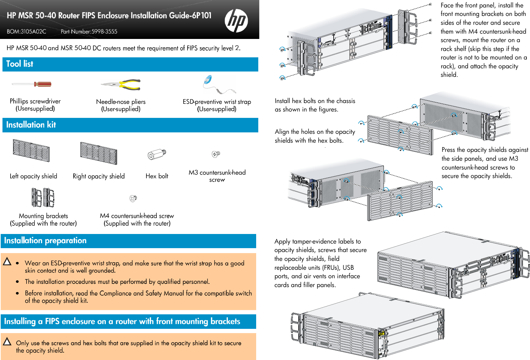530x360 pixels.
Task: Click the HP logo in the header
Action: click(236, 21)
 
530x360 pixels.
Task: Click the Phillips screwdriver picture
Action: click(32, 84)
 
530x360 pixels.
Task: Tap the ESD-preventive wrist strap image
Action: click(217, 85)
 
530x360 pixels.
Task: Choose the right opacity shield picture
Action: click(98, 153)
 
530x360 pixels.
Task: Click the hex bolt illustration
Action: click(157, 154)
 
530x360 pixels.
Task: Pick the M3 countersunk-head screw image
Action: click(216, 154)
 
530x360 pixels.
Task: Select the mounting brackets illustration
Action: click(43, 197)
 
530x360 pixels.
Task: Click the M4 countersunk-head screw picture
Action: click(133, 199)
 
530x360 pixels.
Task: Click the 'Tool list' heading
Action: click(19, 64)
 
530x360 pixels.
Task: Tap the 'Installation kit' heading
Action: click(31, 125)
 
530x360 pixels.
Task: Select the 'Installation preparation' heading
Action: click(45, 241)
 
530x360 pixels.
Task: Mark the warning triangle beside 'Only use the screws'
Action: click(7, 342)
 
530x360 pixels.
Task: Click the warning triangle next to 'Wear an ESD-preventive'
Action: click(7, 262)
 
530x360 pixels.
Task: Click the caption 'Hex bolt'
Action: click(157, 176)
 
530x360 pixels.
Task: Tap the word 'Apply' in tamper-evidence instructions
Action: click(282, 241)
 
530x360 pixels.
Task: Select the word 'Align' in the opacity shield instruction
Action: click(282, 132)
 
